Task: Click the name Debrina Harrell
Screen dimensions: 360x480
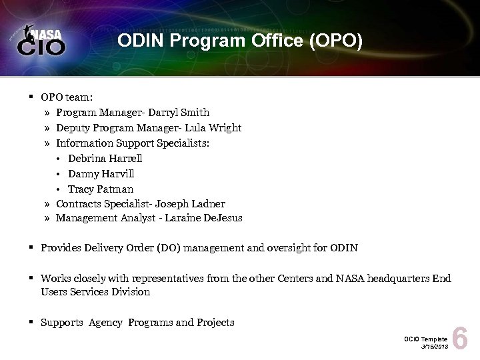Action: (105, 158)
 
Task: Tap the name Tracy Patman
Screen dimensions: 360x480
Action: (100, 189)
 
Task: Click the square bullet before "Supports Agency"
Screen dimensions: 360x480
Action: (31, 323)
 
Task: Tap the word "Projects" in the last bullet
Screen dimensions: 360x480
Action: (215, 323)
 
